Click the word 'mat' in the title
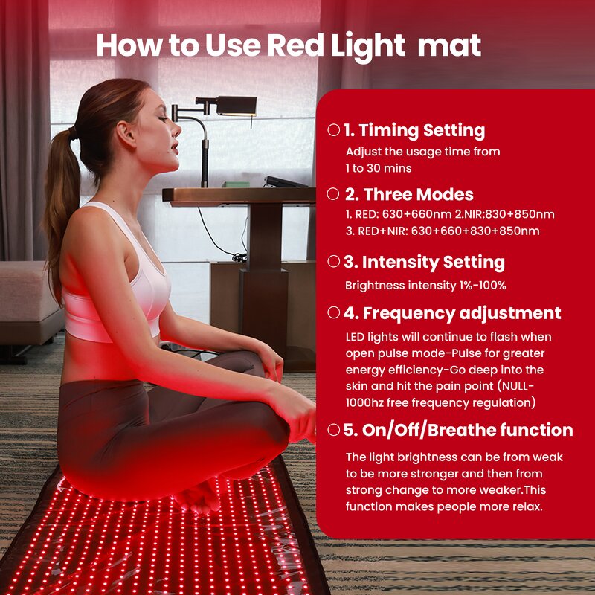click(449, 46)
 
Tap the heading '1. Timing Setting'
click(414, 131)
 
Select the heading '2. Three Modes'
click(408, 195)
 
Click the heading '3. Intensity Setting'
click(424, 262)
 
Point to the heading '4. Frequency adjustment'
click(451, 313)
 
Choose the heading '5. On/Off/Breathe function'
click(458, 430)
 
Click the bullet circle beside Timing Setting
click(334, 130)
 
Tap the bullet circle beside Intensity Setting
click(334, 261)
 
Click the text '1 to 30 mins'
click(379, 168)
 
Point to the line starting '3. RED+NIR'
click(442, 231)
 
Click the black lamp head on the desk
click(236, 106)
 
